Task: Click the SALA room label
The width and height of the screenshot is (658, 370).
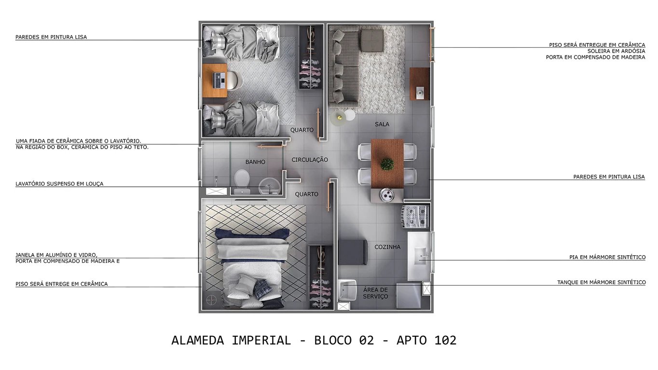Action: (382, 124)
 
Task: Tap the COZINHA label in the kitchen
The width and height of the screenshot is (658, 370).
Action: (387, 247)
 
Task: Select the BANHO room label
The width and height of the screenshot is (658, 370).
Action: (255, 162)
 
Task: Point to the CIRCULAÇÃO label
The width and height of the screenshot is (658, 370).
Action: (310, 160)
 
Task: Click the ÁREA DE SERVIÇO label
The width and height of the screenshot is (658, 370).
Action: (375, 293)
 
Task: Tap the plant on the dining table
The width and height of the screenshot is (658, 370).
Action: (387, 164)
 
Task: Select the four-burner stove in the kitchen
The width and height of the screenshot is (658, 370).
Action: (415, 216)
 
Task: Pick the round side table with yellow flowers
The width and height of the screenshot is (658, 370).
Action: (339, 116)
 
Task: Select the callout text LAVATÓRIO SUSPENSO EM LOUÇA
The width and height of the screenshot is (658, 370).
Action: (59, 184)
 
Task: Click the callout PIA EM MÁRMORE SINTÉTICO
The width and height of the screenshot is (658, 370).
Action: (607, 258)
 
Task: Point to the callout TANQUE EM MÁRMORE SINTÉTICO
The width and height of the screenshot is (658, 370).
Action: (601, 282)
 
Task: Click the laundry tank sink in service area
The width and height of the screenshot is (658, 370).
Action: (347, 290)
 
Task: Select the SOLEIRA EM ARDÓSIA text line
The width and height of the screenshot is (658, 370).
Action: (616, 51)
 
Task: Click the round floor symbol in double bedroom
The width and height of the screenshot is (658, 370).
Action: (211, 300)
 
